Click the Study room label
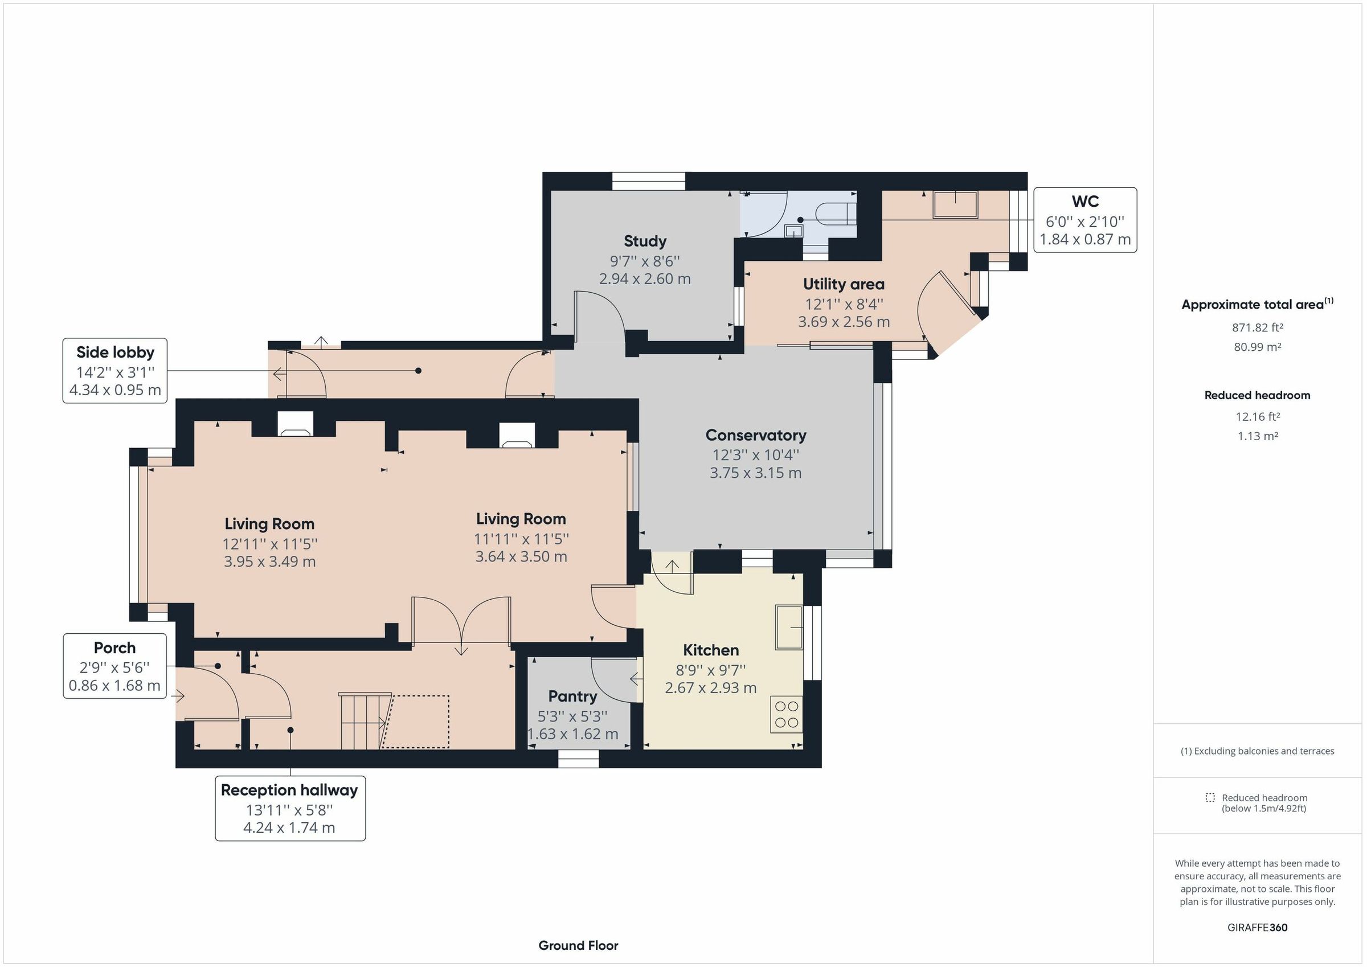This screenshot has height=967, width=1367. [x=645, y=241]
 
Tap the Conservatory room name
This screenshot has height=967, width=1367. [x=755, y=435]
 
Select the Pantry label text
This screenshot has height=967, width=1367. [x=572, y=696]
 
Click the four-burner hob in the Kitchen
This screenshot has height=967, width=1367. [x=786, y=715]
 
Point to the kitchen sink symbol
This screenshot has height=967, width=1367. [x=788, y=627]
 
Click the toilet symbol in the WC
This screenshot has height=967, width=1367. [x=836, y=213]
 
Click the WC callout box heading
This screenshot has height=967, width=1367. [x=1085, y=201]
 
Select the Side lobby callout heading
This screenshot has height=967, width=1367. [x=115, y=352]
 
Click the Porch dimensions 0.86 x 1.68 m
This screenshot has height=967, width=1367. [x=114, y=685]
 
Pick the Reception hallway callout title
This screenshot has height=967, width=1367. [x=289, y=790]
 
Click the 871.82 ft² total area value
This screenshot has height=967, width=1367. [x=1257, y=327]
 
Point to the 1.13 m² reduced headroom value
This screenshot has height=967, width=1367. [x=1257, y=436]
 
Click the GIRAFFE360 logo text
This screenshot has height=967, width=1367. [x=1257, y=927]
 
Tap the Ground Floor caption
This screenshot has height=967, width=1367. [x=578, y=945]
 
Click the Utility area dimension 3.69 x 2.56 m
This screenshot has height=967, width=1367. [x=844, y=322]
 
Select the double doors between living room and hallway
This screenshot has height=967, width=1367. [x=461, y=622]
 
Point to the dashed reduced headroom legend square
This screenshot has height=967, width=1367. [x=1210, y=797]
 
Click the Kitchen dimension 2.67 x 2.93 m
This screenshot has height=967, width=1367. [x=710, y=688]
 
